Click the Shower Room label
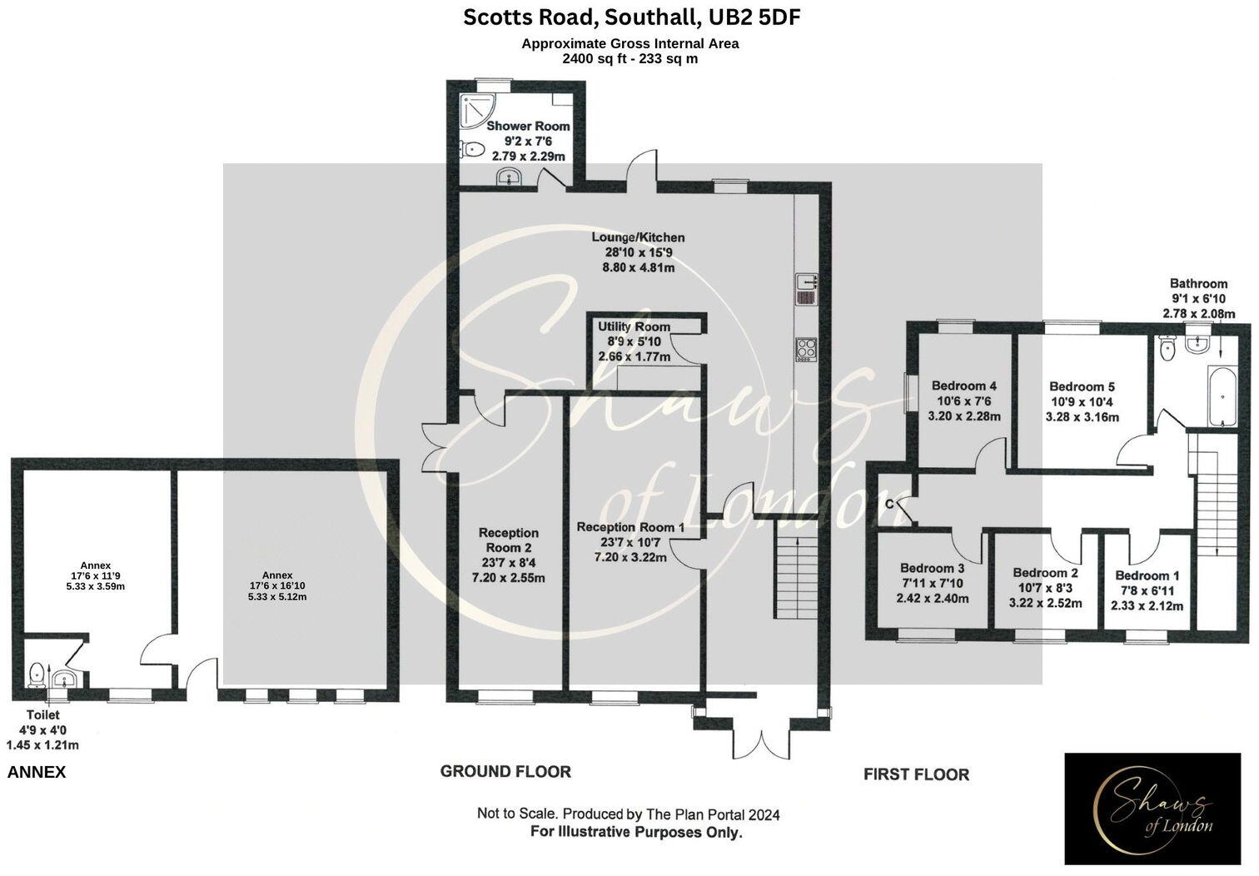(x=528, y=127)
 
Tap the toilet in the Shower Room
(x=472, y=151)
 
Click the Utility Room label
(x=634, y=326)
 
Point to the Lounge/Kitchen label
(x=639, y=238)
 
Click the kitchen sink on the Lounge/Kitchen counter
(x=808, y=289)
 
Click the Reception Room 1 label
(x=630, y=527)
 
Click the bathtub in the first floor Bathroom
(x=1219, y=399)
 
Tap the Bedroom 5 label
(x=1082, y=386)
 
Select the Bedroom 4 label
(x=963, y=386)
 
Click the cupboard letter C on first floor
(x=889, y=504)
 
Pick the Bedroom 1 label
(x=1147, y=575)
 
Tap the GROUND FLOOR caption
(x=505, y=772)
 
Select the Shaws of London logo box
(x=1152, y=809)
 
